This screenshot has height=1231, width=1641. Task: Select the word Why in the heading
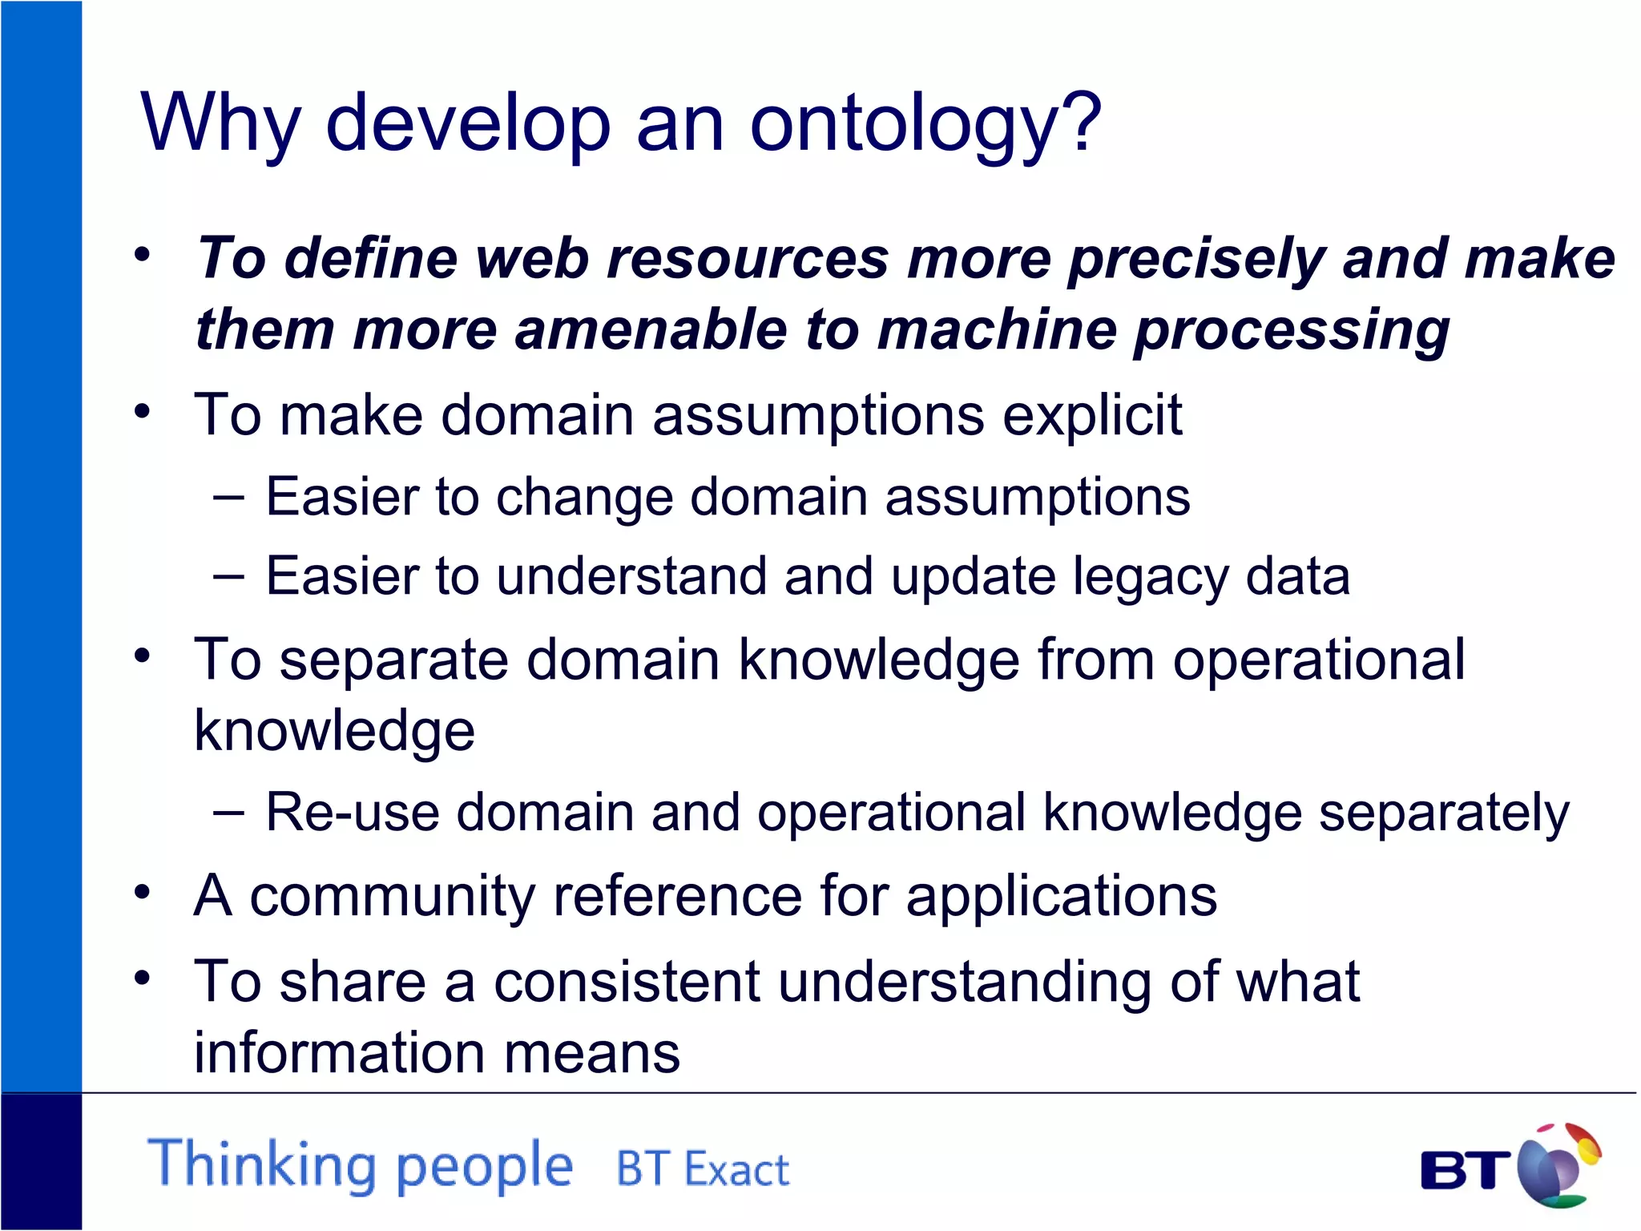click(x=220, y=124)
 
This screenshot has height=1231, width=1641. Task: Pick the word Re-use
click(x=352, y=813)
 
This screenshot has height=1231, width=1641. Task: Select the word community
click(x=392, y=896)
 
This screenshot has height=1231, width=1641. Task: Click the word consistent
click(x=626, y=982)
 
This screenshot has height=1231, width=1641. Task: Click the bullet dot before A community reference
click(x=143, y=893)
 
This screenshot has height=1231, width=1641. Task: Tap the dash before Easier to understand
click(x=229, y=576)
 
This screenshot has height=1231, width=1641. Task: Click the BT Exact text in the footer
click(x=702, y=1169)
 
